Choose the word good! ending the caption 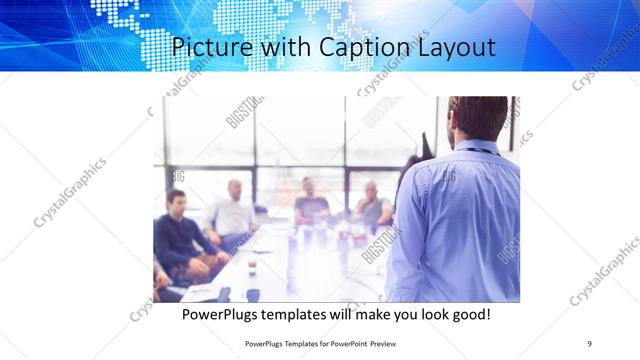point(468,314)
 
